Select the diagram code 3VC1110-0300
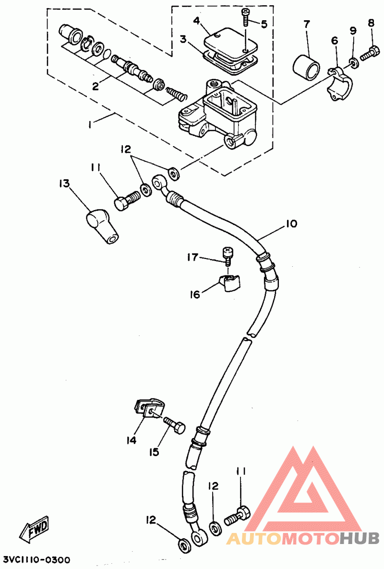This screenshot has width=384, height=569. click(37, 560)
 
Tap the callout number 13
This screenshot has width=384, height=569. click(64, 184)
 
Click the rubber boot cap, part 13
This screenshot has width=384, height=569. click(100, 226)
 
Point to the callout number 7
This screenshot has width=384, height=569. click(307, 25)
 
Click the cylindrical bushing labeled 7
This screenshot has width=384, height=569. click(306, 66)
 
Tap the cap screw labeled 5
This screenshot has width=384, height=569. click(246, 17)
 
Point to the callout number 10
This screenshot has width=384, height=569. click(291, 223)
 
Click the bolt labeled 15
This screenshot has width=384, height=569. click(174, 426)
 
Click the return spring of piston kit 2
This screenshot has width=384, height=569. click(177, 93)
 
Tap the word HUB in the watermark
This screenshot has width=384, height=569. click(360, 539)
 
